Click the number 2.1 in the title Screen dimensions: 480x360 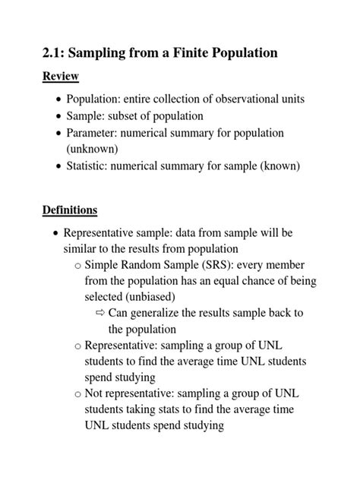point(55,53)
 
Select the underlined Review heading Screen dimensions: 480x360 point(60,77)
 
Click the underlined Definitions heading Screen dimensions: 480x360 point(70,209)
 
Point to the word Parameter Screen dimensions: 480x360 point(93,133)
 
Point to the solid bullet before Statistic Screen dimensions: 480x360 point(60,166)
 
